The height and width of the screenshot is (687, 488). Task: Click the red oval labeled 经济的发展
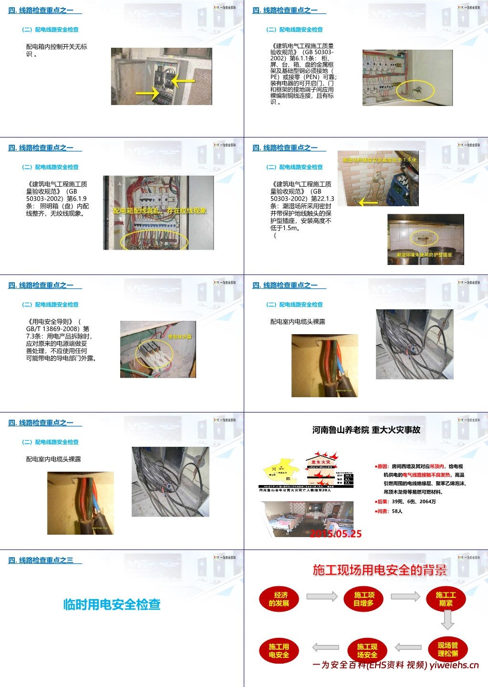279,599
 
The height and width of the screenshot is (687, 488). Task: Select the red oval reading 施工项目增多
363,599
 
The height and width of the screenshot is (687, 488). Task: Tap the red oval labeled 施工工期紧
446,599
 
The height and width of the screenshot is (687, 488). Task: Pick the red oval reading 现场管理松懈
447,649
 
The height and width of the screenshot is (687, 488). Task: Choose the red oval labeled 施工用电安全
279,650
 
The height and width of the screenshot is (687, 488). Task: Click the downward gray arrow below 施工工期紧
447,620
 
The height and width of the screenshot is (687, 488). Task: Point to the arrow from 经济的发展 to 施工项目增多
322,596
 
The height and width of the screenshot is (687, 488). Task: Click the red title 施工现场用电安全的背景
379,570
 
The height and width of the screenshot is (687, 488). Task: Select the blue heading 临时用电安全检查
112,604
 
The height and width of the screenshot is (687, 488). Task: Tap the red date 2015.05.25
336,534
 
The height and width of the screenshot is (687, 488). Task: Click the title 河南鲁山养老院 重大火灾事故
366,430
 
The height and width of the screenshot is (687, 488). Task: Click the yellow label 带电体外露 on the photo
179,337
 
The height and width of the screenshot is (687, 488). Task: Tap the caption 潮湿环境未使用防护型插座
424,255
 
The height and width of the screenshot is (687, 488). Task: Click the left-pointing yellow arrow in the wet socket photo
368,202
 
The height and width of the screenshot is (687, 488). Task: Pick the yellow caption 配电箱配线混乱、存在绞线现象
159,211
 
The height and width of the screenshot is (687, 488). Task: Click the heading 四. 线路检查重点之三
45,560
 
